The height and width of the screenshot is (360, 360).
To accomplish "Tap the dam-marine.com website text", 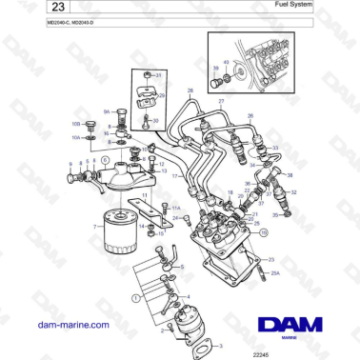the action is coord(70,325).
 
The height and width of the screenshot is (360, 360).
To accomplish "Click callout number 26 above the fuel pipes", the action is coord(250,115).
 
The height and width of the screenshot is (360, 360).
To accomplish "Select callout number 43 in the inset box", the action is coord(226,62).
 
